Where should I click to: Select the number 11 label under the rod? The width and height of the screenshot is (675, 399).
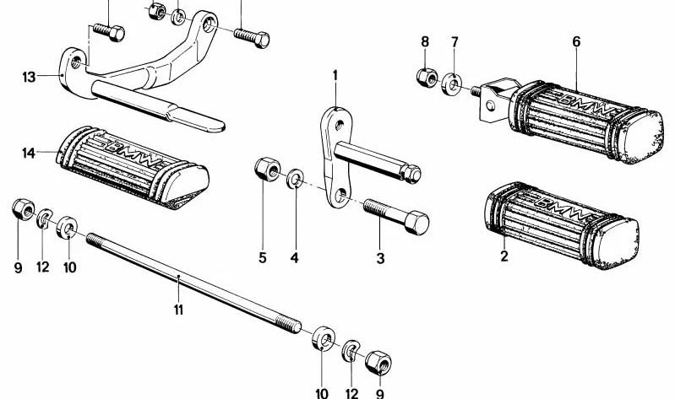point(178,310)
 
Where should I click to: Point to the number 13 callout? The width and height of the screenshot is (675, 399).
point(30,78)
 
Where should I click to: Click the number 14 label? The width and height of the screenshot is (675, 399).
point(30,153)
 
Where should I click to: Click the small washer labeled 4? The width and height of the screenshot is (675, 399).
point(296,179)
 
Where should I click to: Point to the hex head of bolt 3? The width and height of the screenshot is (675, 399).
point(415,224)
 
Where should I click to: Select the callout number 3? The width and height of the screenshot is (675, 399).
point(380,258)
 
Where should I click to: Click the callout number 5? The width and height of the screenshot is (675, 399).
point(263,257)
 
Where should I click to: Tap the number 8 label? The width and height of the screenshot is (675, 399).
point(425,41)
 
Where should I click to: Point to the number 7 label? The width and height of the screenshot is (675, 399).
point(455,41)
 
